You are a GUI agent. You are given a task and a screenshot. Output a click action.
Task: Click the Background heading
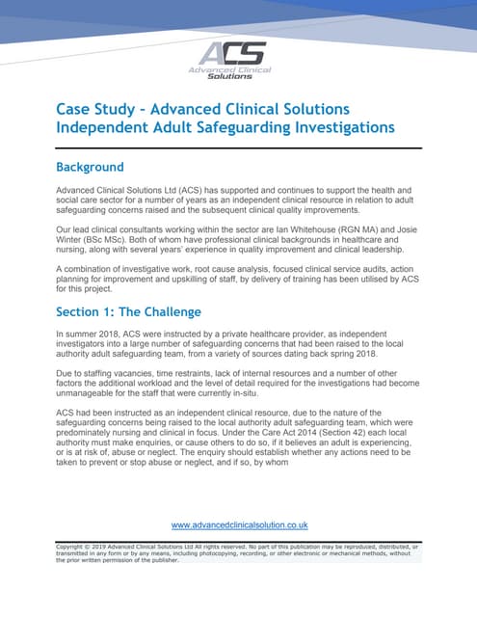click(x=91, y=168)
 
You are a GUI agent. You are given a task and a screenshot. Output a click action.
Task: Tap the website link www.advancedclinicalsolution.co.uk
click(x=239, y=525)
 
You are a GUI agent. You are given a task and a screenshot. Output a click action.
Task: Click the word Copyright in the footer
click(x=74, y=547)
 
